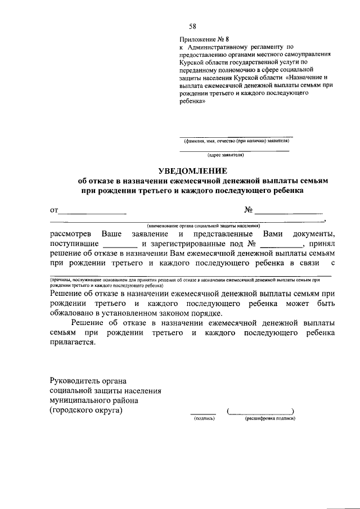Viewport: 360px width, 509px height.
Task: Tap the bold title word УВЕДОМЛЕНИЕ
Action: click(x=192, y=170)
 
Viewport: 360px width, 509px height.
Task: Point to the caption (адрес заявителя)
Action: click(x=226, y=154)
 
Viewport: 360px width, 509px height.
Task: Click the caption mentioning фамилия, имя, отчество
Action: click(x=236, y=141)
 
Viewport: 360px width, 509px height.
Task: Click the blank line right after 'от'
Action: click(x=93, y=213)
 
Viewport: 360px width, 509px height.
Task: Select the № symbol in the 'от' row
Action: click(x=249, y=210)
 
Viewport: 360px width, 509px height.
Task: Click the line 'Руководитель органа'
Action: click(x=88, y=380)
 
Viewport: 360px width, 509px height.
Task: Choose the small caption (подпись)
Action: click(x=203, y=419)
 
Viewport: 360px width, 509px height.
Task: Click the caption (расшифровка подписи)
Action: click(x=270, y=419)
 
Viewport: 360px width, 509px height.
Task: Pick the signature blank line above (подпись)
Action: click(x=203, y=413)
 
